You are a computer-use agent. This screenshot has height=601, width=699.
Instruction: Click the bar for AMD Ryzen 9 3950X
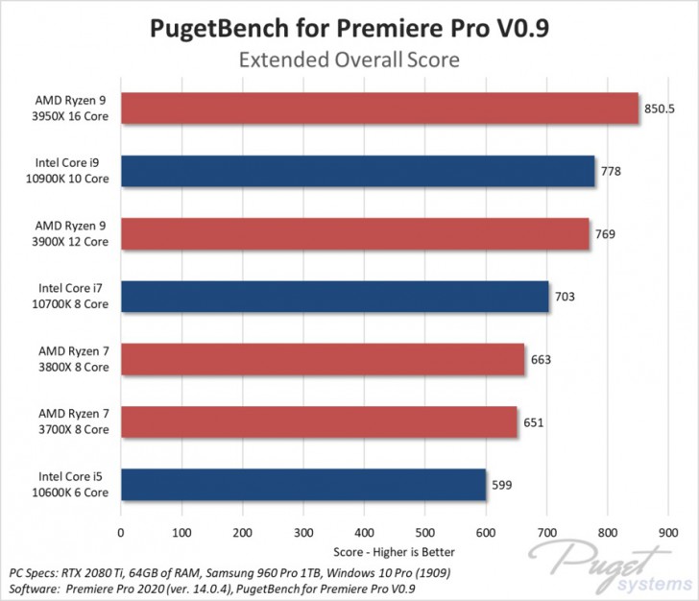(379, 108)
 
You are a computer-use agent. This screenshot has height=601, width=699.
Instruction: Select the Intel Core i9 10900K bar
(357, 171)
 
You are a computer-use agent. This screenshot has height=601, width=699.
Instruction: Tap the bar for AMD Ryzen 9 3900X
(354, 233)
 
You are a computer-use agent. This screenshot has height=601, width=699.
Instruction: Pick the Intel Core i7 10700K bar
(334, 297)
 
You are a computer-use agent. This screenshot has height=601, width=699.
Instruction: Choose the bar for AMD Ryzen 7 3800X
(323, 359)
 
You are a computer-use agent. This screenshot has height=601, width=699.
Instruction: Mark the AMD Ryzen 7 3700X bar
(319, 421)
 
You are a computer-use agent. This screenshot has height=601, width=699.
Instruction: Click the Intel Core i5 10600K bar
(302, 484)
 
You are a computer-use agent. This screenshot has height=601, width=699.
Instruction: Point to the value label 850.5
(660, 108)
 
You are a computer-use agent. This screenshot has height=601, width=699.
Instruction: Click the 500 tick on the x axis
(425, 532)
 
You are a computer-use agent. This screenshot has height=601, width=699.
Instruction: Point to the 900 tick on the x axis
(669, 532)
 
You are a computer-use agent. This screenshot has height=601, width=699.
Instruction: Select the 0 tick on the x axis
(120, 532)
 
